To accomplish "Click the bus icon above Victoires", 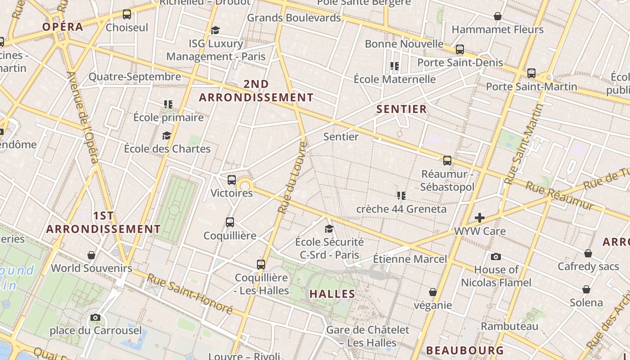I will tap(232, 180).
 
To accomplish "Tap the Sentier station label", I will tap(341, 137).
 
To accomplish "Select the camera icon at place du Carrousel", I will tap(95, 317).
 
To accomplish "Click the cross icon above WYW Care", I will tap(480, 218).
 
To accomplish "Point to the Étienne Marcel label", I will tap(410, 259).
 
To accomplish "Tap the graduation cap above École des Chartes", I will tap(167, 135).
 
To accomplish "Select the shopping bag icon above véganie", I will tap(433, 292).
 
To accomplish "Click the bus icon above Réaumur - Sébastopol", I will tap(447, 161).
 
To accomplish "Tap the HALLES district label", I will tap(332, 294).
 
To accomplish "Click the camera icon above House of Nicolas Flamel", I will tap(496, 256).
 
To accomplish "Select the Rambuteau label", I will tap(509, 326).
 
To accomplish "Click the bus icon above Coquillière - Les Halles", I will tap(261, 265).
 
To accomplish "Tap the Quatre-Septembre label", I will tap(135, 76).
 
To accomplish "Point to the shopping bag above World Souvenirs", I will tap(91, 255).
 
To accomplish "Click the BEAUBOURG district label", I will tap(465, 351).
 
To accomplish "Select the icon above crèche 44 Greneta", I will tap(401, 196).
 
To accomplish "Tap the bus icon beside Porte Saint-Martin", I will tap(531, 73).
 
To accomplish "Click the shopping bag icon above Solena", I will tap(586, 289).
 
